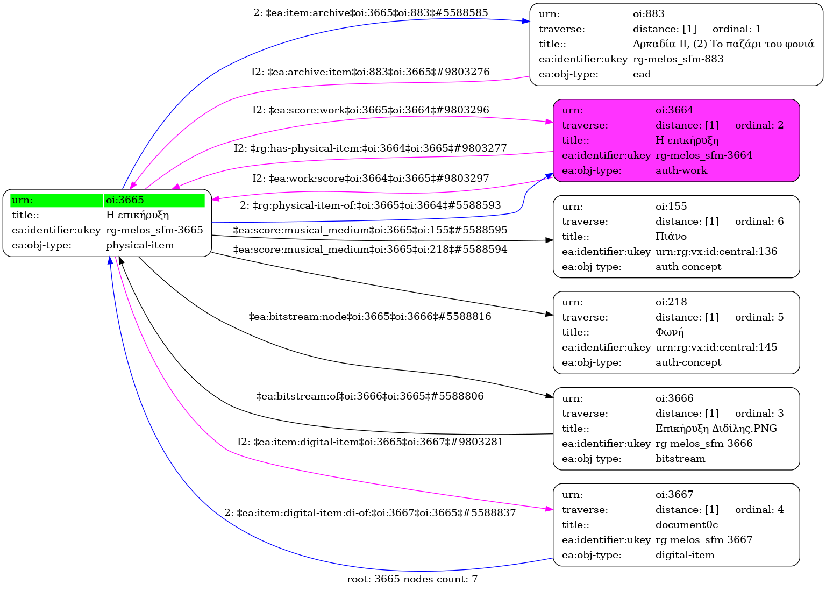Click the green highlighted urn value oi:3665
pos(125,200)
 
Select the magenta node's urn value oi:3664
pos(674,110)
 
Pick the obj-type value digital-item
pos(685,555)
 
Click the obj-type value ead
pos(642,74)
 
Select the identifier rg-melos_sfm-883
pos(678,59)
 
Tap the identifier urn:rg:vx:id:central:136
pos(716,252)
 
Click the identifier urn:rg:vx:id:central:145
pos(716,347)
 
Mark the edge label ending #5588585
pos(371,12)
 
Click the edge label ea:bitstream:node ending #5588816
pos(370,317)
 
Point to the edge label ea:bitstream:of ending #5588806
pos(370,396)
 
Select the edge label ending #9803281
pos(370,442)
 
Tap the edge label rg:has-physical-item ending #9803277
pos(370,148)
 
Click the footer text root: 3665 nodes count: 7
pos(412,579)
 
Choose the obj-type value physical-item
pos(140,245)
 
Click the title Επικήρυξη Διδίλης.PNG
pos(716,429)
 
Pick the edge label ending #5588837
pos(370,513)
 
